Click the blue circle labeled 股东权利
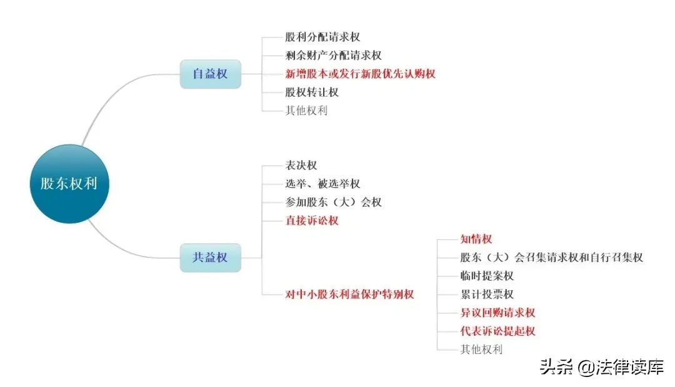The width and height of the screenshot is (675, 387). click(69, 184)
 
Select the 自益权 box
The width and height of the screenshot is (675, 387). click(211, 74)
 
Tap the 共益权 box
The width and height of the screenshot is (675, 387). click(211, 258)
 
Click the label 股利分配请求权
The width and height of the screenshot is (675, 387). click(322, 37)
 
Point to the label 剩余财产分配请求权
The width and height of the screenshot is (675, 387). click(333, 56)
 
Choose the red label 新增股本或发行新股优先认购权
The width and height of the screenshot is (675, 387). click(361, 74)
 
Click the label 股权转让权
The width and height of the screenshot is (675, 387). click(312, 92)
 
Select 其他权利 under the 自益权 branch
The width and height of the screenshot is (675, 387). click(306, 111)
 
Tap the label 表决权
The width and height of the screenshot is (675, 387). click(301, 165)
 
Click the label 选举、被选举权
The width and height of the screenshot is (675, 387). click(322, 184)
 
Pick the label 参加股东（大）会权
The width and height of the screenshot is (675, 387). click(333, 202)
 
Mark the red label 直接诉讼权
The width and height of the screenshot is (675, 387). click(312, 220)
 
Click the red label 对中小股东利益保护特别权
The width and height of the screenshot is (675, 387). click(349, 295)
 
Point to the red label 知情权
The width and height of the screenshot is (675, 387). click(476, 239)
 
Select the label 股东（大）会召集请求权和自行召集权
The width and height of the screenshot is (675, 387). click(551, 258)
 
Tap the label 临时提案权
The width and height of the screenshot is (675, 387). click(487, 276)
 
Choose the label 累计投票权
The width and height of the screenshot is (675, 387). click(487, 295)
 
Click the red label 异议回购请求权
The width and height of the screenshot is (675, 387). click(497, 313)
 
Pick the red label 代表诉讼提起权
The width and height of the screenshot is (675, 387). click(497, 331)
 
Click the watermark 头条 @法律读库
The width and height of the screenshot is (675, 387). click(602, 367)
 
